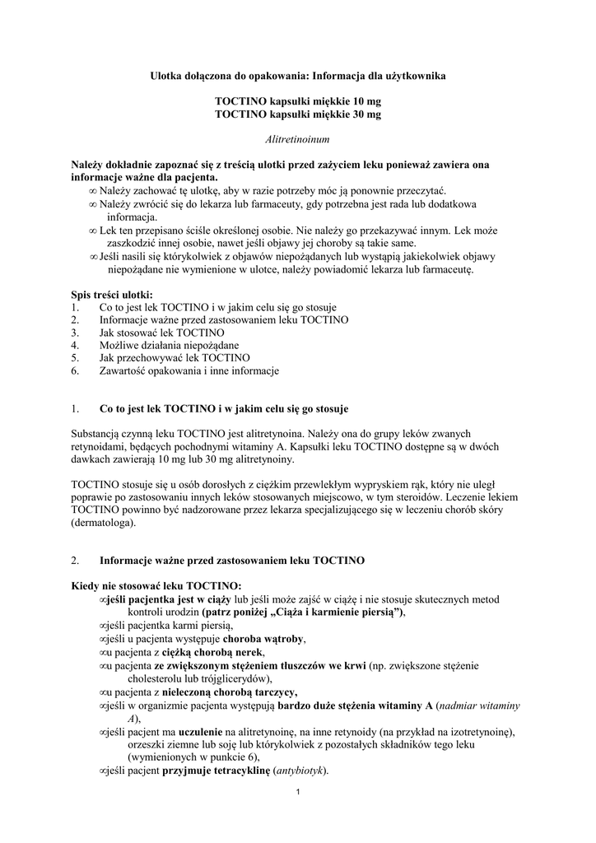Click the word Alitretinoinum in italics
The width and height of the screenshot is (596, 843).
click(297, 140)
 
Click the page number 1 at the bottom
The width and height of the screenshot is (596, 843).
click(297, 793)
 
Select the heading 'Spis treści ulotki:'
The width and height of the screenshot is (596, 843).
click(111, 294)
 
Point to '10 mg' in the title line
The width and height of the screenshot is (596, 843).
click(363, 101)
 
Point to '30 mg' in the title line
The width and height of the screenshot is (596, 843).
click(363, 114)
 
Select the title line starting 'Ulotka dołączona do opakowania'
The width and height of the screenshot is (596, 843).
click(297, 75)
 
